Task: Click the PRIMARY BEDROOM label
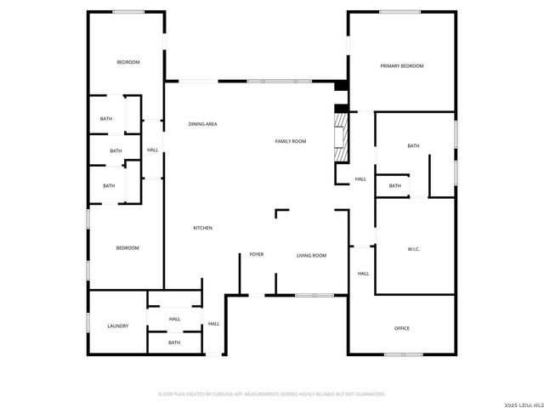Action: click(x=401, y=65)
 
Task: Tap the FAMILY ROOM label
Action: click(x=290, y=141)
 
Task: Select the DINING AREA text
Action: click(x=202, y=124)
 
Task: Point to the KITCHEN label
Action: click(x=202, y=228)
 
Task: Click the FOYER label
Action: click(x=256, y=255)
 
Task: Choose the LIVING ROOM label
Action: click(x=311, y=255)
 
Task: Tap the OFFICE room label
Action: click(x=402, y=328)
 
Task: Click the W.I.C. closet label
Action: click(x=414, y=249)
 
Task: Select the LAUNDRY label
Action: click(x=117, y=326)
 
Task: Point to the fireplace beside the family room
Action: click(x=341, y=135)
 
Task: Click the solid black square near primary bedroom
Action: click(x=341, y=85)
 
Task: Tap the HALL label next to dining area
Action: click(x=152, y=150)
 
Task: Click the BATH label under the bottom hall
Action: click(x=174, y=343)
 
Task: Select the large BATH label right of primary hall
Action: click(x=413, y=146)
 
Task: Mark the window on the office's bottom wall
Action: click(x=402, y=354)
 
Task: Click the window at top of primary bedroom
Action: click(x=399, y=12)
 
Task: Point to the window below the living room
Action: click(x=314, y=295)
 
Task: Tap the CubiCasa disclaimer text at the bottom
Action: click(x=272, y=394)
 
